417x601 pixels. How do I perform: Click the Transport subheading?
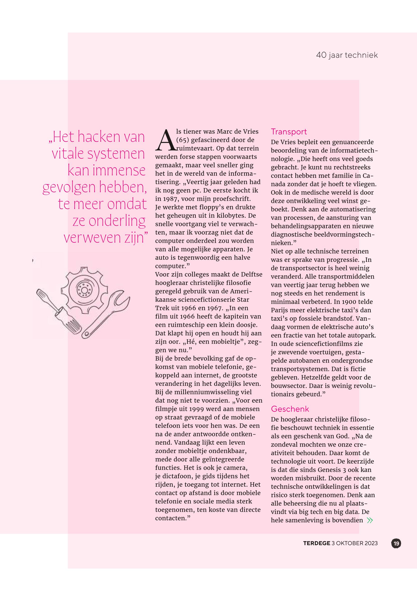[289, 132]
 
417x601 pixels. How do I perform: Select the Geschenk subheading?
[290, 409]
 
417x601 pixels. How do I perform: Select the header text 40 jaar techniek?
[347, 55]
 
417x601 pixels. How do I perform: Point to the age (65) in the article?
[183, 140]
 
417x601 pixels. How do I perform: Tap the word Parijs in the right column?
[279, 310]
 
